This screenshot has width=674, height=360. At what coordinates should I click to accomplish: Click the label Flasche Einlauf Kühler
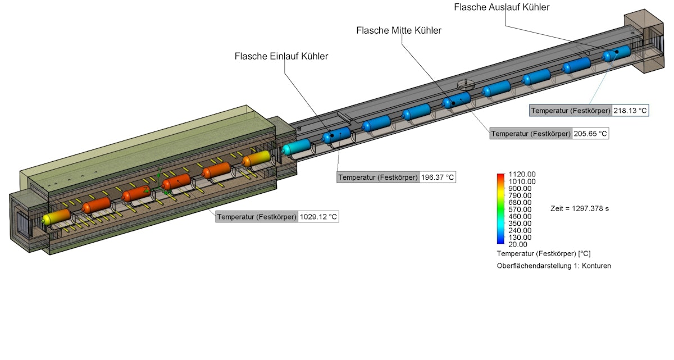(x=281, y=56)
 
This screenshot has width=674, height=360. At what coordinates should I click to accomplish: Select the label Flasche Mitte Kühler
(x=399, y=30)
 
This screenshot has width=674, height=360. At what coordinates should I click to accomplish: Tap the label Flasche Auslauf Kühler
(x=502, y=7)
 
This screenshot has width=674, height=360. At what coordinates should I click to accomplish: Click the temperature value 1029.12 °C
(x=318, y=216)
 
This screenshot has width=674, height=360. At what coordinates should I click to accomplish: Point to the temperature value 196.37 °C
(x=437, y=177)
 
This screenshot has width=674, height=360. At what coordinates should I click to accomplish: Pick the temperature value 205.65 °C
(x=590, y=134)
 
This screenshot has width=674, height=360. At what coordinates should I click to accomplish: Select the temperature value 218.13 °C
(x=631, y=111)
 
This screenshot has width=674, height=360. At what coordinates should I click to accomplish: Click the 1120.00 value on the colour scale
(x=522, y=174)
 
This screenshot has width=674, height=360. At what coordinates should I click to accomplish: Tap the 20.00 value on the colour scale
(x=518, y=244)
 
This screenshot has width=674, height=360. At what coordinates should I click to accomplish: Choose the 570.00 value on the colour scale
(x=520, y=209)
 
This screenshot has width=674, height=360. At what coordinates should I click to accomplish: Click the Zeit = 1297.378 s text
(x=580, y=208)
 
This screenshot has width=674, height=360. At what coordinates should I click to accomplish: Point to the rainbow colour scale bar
(x=500, y=209)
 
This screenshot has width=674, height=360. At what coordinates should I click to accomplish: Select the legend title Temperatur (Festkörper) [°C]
(x=543, y=254)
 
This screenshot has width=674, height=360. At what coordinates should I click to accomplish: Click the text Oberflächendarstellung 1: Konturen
(x=553, y=266)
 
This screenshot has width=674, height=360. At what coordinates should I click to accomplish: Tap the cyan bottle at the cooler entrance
(x=297, y=147)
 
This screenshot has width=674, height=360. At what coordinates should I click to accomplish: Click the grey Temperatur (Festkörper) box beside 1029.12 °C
(x=257, y=216)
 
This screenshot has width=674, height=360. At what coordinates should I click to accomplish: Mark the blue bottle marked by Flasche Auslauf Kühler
(x=617, y=54)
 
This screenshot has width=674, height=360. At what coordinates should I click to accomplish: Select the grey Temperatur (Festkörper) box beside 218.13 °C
(x=571, y=111)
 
